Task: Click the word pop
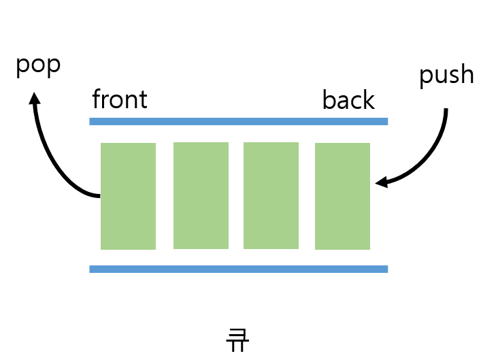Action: (38, 66)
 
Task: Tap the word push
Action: (446, 75)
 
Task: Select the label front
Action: (120, 100)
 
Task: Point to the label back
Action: (348, 100)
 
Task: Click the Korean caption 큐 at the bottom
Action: (237, 340)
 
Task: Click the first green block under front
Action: (128, 196)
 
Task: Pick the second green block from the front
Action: (201, 195)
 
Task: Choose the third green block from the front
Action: (271, 195)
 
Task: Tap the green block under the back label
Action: (342, 196)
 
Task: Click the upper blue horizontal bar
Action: (238, 122)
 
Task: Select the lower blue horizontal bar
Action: (238, 269)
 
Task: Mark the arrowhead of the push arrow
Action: (381, 182)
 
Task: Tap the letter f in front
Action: (96, 99)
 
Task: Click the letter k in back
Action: (368, 100)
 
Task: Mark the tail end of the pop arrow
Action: (99, 196)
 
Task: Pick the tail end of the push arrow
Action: (446, 110)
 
